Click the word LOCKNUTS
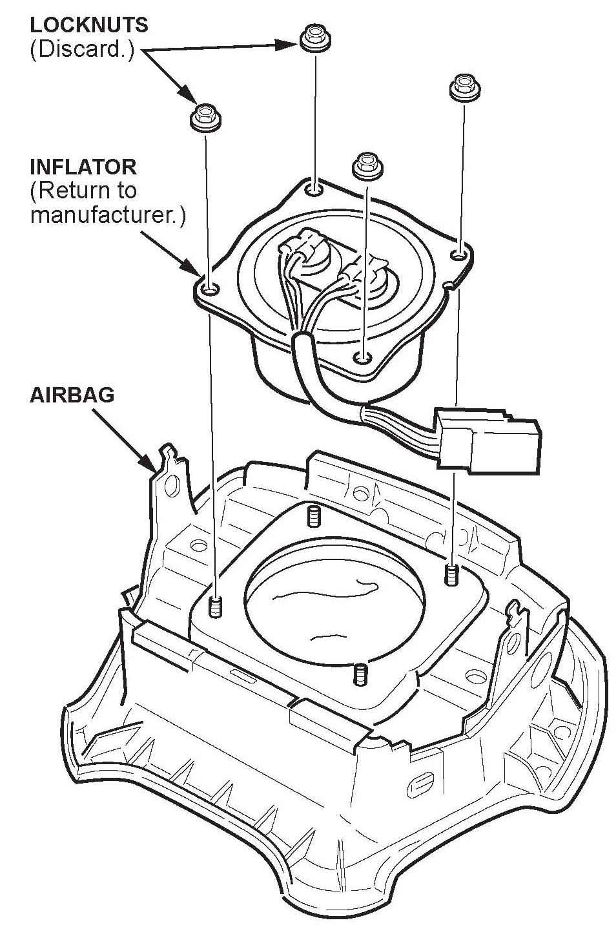tap(89, 25)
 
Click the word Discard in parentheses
tap(82, 50)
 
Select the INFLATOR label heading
tap(83, 167)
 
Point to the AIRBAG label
tap(72, 395)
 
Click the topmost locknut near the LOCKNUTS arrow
tap(315, 38)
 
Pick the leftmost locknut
tap(205, 117)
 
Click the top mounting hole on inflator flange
tap(314, 189)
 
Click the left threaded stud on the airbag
tap(216, 607)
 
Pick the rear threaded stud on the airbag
tap(313, 516)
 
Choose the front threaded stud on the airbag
tap(360, 674)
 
